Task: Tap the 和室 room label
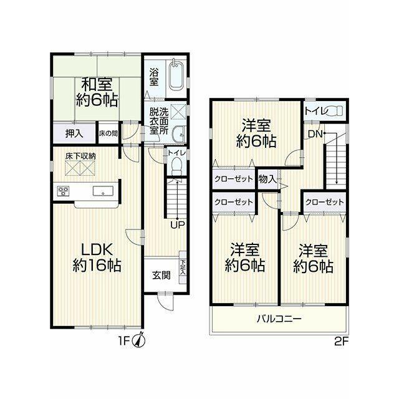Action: (x=97, y=84)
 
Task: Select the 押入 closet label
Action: (x=74, y=133)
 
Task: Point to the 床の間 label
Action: (x=108, y=133)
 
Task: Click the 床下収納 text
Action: (x=80, y=156)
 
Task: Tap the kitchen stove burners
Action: (x=63, y=191)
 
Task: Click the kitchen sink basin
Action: (x=103, y=191)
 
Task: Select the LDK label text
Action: (x=97, y=250)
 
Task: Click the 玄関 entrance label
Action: (x=161, y=275)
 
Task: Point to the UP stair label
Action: (x=178, y=225)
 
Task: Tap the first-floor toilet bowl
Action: (x=176, y=166)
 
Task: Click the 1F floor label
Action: (x=125, y=341)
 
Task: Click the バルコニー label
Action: (x=279, y=319)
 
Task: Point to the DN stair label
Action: (x=315, y=134)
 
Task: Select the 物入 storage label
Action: (x=267, y=180)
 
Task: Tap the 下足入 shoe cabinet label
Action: (x=183, y=267)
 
